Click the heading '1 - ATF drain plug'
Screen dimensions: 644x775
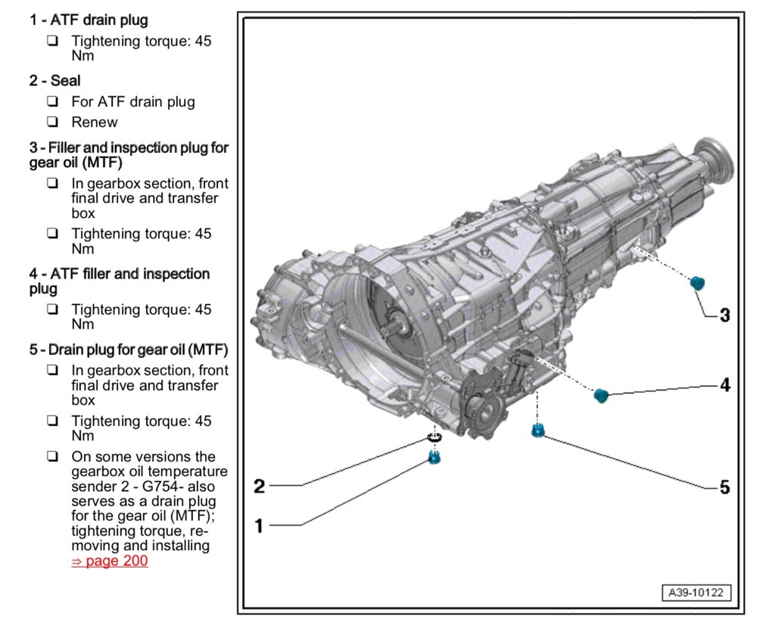[x=89, y=20]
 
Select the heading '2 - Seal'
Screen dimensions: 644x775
[x=54, y=80]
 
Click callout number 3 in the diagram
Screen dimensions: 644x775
[x=724, y=316]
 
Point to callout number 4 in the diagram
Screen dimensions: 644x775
[x=724, y=385]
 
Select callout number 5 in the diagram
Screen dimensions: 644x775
[x=724, y=488]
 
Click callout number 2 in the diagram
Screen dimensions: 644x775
[x=259, y=486]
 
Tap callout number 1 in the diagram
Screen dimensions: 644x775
[x=259, y=525]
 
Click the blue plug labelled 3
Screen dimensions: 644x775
[x=697, y=283]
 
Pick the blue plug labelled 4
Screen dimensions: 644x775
[x=602, y=395]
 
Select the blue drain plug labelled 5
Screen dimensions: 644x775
[x=538, y=431]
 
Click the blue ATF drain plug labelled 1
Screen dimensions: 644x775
[x=434, y=456]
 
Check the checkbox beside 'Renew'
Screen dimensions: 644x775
[x=52, y=122]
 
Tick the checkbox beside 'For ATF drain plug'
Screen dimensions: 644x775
[x=52, y=101]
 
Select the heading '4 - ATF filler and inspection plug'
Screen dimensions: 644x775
[x=120, y=281]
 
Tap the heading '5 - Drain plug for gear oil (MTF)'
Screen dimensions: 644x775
[x=129, y=350]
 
